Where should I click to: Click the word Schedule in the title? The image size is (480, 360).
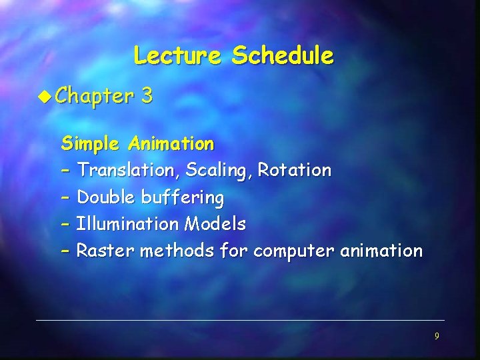[282, 55]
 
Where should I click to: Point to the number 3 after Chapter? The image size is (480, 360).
[147, 97]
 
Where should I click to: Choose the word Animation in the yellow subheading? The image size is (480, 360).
[171, 144]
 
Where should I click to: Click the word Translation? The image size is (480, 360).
[129, 171]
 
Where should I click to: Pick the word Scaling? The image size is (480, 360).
[219, 171]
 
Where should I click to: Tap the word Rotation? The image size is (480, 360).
[294, 171]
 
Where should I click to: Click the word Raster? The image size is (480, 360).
[100, 251]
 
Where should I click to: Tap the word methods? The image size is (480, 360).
[161, 251]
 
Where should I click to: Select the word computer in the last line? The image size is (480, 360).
[294, 251]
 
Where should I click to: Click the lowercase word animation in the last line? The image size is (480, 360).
[381, 251]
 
